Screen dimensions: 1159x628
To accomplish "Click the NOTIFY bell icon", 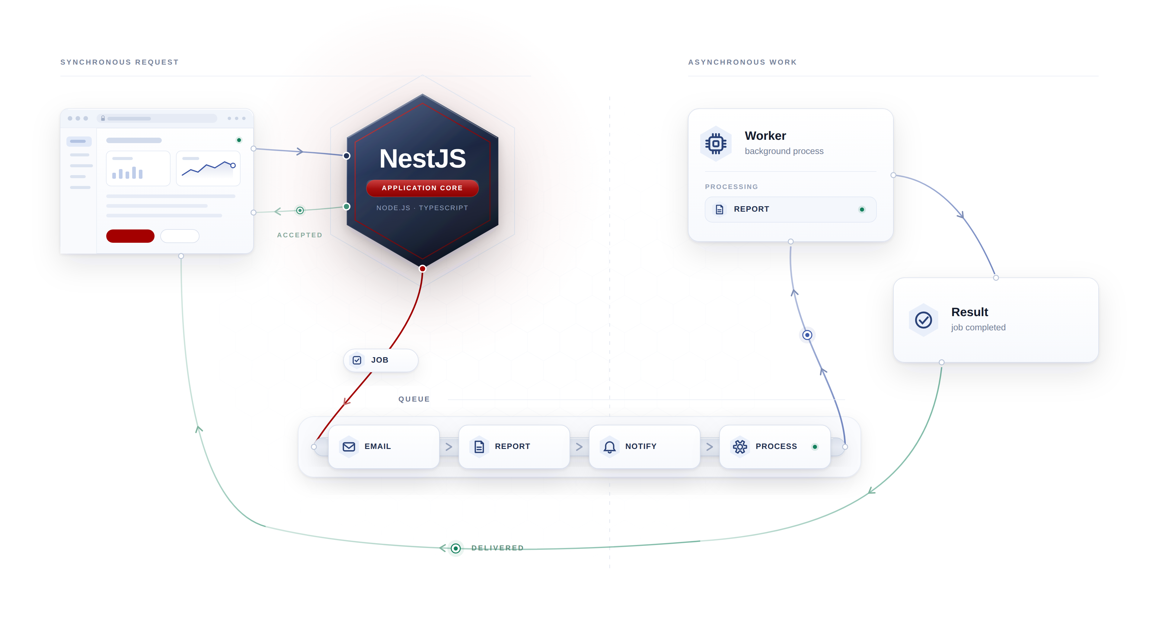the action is pyautogui.click(x=610, y=447).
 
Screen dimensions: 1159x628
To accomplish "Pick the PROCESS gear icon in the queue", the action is pyautogui.click(x=740, y=447).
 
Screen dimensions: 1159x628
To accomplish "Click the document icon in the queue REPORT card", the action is pyautogui.click(x=479, y=447).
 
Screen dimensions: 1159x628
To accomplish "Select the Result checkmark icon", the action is pyautogui.click(x=923, y=320).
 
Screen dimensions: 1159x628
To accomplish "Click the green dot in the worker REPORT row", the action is pyautogui.click(x=862, y=209).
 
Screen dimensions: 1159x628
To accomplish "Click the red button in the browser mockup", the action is pyautogui.click(x=130, y=236).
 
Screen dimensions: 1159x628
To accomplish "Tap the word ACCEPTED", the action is pyautogui.click(x=300, y=235).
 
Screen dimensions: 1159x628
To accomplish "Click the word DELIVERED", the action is pyautogui.click(x=498, y=548).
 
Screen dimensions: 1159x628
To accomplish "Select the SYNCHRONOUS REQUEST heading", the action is pyautogui.click(x=120, y=62).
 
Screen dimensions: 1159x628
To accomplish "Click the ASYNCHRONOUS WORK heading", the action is pyautogui.click(x=742, y=62).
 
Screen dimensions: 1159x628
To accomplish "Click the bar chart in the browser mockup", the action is pyautogui.click(x=127, y=172).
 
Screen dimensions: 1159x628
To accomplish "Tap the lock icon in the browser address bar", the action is pyautogui.click(x=103, y=118).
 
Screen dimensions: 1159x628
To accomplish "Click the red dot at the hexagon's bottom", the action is pyautogui.click(x=423, y=269).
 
